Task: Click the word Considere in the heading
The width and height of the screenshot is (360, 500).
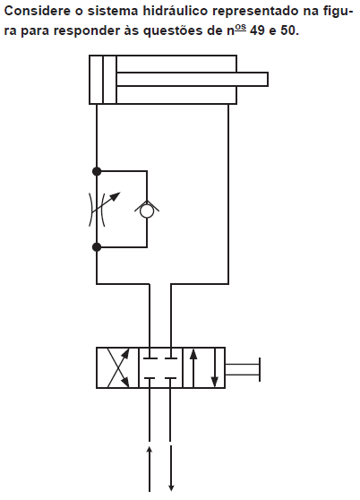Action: click(x=37, y=11)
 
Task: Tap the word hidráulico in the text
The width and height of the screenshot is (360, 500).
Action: click(x=175, y=12)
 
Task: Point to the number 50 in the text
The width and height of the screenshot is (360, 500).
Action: click(x=289, y=30)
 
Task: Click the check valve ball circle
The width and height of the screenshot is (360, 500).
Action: click(x=147, y=211)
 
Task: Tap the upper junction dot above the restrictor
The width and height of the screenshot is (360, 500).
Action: click(x=97, y=171)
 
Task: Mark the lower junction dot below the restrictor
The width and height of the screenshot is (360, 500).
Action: click(x=97, y=246)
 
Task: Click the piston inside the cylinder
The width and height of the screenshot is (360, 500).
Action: click(x=109, y=80)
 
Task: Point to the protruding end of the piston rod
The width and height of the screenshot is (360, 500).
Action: click(x=267, y=79)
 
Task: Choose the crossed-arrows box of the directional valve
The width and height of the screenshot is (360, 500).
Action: click(x=117, y=367)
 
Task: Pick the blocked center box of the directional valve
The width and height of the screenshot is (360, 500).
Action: click(x=160, y=367)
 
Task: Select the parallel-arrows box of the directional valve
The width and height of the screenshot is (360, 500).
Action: click(x=204, y=367)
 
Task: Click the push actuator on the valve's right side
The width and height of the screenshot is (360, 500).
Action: click(x=243, y=369)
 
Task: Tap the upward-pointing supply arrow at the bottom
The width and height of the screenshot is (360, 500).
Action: click(x=149, y=469)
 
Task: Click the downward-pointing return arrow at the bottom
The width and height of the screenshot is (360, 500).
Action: click(x=171, y=469)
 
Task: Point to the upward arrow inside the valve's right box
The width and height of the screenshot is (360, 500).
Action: click(x=193, y=368)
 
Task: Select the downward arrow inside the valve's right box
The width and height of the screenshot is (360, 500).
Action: click(x=215, y=368)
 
